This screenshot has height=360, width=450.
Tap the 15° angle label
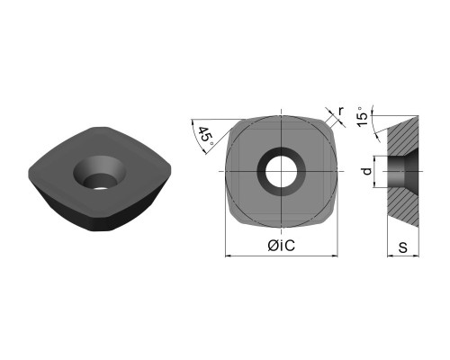(362, 117)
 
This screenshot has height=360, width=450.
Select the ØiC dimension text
(282, 246)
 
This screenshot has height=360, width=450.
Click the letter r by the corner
(340, 111)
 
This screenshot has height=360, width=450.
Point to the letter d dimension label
(367, 171)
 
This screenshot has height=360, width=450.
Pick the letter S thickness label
(403, 247)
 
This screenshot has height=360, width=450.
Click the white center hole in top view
(281, 171)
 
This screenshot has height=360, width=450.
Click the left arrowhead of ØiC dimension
(228, 256)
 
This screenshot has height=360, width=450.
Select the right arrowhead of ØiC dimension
(335, 256)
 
